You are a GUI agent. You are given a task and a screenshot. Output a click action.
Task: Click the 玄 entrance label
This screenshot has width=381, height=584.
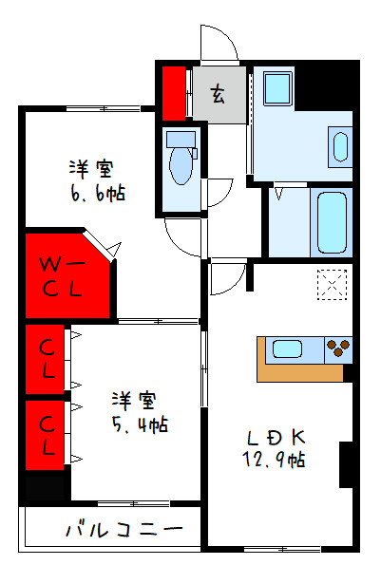click(x=219, y=94)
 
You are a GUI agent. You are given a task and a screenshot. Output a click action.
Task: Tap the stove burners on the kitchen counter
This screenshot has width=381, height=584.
click(x=336, y=349)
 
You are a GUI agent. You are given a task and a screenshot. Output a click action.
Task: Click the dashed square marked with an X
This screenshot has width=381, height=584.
click(x=333, y=286)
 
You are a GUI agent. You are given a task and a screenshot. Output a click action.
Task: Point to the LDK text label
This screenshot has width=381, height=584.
click(x=276, y=438)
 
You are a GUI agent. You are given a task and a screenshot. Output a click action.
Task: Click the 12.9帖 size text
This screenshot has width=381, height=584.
click(x=276, y=460)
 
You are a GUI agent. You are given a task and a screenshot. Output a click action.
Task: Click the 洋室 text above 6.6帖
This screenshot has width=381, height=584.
click(x=91, y=169)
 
